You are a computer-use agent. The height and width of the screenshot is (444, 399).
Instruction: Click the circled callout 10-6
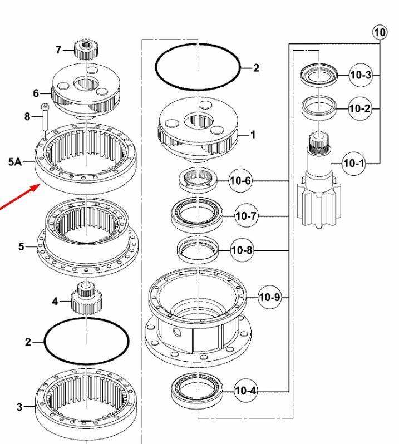coord(240,181)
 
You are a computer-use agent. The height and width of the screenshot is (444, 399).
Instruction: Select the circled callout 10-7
coord(247,216)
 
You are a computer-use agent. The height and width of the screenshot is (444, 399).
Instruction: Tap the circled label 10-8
coord(243,251)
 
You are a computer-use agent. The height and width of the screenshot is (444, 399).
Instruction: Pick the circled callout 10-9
coord(270,298)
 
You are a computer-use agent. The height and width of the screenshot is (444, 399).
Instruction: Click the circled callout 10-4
coord(246,391)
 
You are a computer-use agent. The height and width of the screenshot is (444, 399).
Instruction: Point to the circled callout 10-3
coord(360,75)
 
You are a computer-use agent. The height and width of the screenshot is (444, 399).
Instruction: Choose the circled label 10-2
coord(359,108)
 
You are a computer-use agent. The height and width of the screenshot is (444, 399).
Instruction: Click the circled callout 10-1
coord(353,163)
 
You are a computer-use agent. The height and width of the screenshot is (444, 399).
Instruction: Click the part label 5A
coord(15,162)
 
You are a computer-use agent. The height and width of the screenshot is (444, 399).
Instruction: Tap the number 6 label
coord(36,93)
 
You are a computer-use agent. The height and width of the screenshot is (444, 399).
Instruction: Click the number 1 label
coord(253,135)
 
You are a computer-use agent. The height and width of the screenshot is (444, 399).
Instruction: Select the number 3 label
coord(19,407)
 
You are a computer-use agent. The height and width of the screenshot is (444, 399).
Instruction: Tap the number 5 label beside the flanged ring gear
coord(21,246)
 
